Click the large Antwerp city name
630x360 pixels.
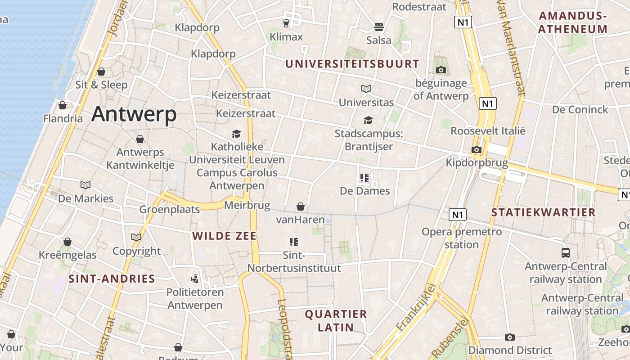click(134, 114)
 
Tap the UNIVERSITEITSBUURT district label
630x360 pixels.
click(352, 64)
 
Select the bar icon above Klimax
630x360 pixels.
click(286, 23)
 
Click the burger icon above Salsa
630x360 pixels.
click(379, 27)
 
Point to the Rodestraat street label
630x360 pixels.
click(419, 7)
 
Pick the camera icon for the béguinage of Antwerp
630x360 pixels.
click(441, 70)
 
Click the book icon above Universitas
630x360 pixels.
click(366, 89)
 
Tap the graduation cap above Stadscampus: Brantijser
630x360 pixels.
click(368, 120)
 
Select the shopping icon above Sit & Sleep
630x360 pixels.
click(101, 72)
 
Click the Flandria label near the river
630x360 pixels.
click(63, 119)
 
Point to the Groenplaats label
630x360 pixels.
click(169, 209)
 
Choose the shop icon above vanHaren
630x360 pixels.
click(301, 207)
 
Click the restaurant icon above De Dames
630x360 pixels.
click(364, 178)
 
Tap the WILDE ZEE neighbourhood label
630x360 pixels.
click(224, 236)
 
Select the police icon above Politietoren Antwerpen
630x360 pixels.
click(195, 279)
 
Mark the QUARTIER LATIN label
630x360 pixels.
click(336, 320)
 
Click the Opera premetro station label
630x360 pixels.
click(461, 238)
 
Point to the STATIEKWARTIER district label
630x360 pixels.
click(543, 212)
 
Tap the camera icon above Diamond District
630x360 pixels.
click(510, 337)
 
